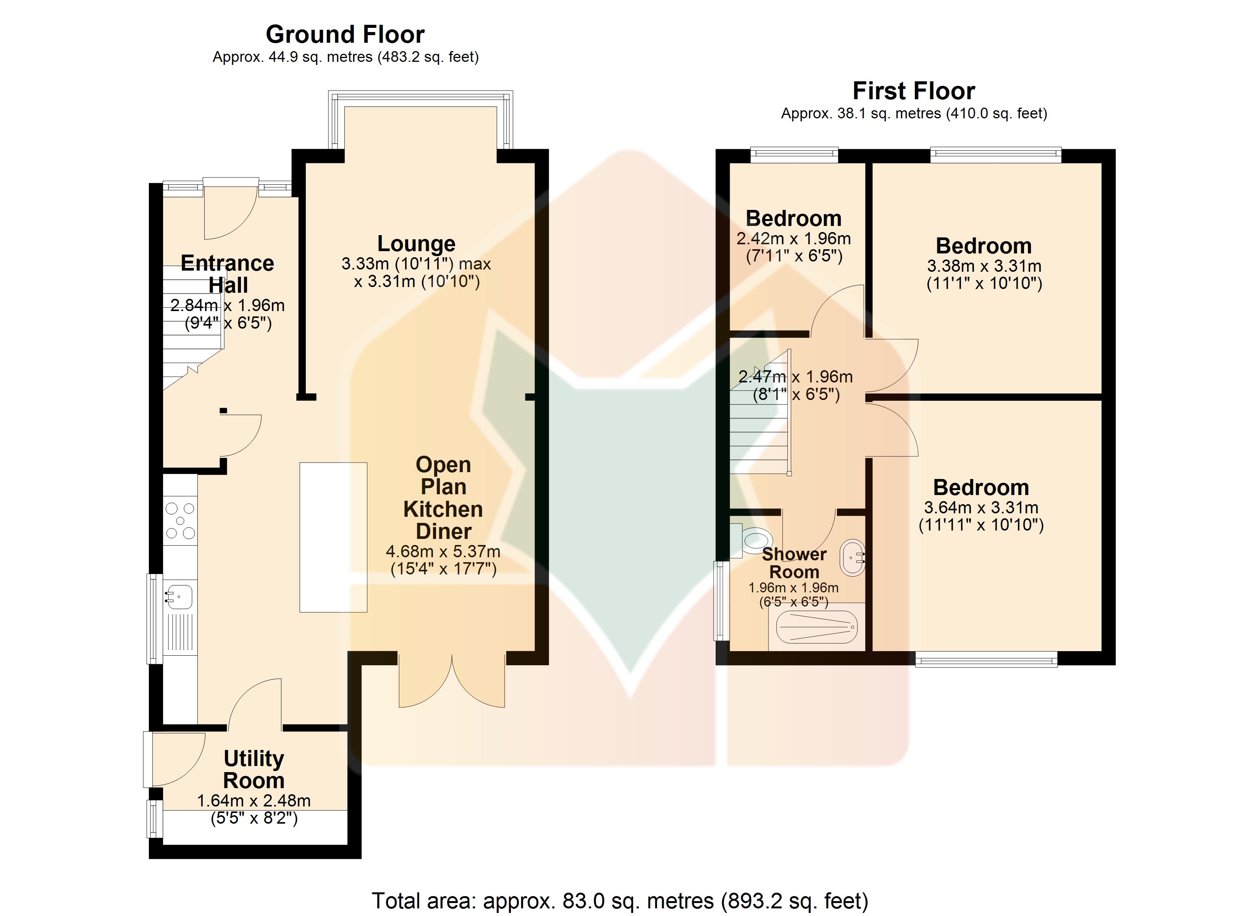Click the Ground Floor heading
tap(345, 34)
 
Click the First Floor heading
tap(914, 90)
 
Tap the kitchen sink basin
tap(179, 597)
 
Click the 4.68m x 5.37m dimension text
tap(443, 552)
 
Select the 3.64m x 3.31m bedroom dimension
tap(981, 507)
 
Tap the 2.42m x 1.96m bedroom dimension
tap(793, 238)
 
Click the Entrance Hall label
tap(227, 274)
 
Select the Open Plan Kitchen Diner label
tap(443, 498)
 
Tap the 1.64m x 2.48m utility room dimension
tap(254, 800)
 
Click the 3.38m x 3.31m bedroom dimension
tap(984, 266)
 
